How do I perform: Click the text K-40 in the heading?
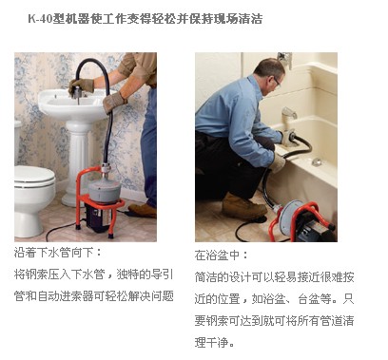pyautogui.click(x=40, y=19)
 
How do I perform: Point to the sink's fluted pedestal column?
pyautogui.click(x=77, y=163)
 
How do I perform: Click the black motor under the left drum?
pyautogui.click(x=98, y=218)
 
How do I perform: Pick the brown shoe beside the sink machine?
pyautogui.click(x=143, y=210)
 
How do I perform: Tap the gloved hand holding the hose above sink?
pyautogui.click(x=81, y=85)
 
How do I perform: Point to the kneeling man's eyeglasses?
pyautogui.click(x=277, y=83)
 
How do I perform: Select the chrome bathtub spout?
pyautogui.click(x=289, y=113)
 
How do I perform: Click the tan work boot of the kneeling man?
pyautogui.click(x=243, y=206)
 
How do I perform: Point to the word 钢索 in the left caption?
pyautogui.click(x=36, y=275)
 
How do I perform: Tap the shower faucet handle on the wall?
pyautogui.click(x=285, y=59)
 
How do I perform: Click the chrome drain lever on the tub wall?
pyautogui.click(x=317, y=161)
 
